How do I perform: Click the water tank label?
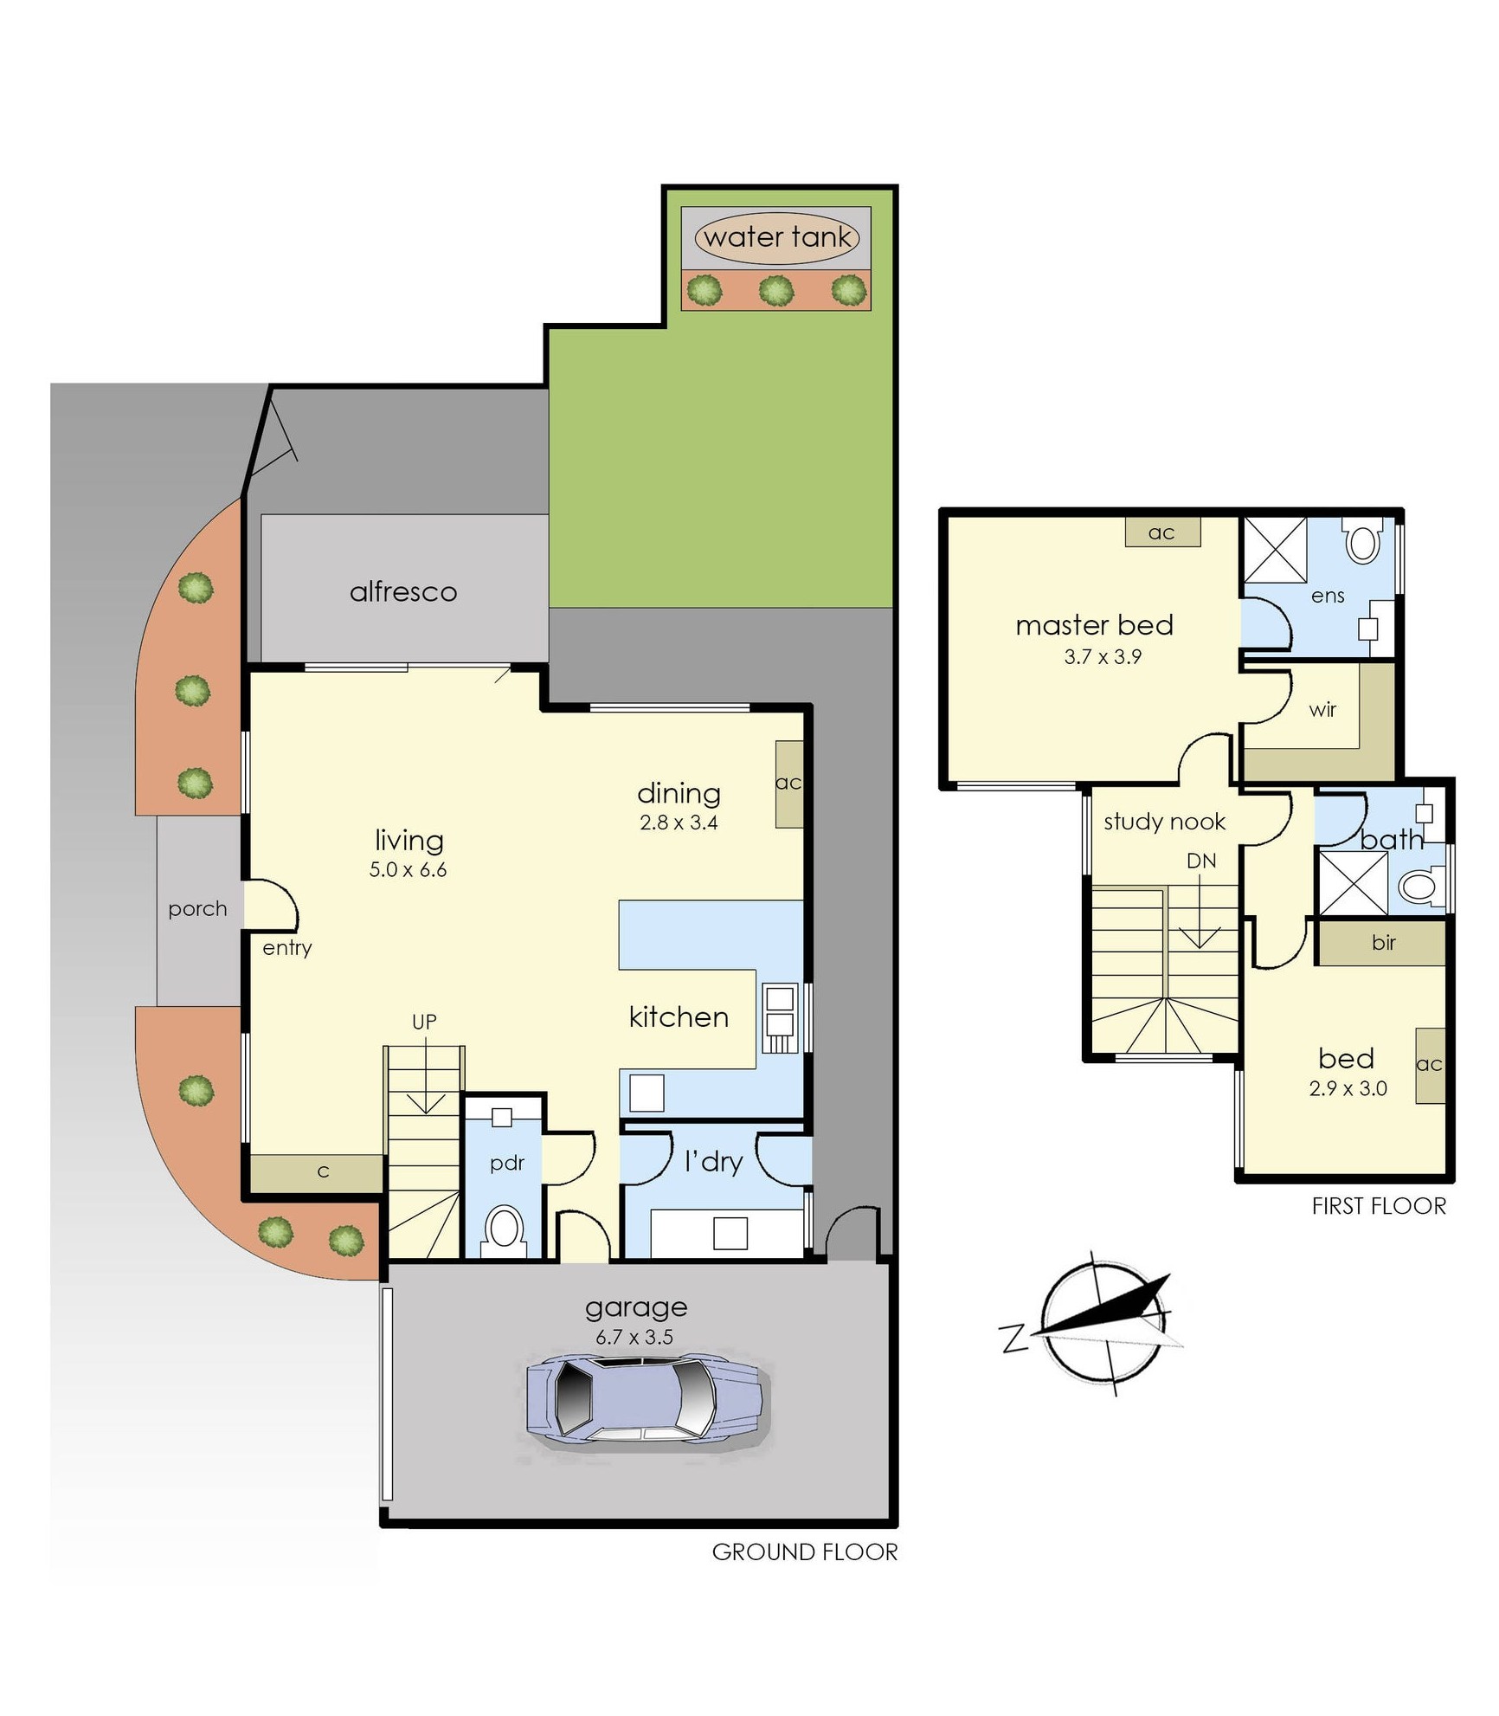tap(776, 236)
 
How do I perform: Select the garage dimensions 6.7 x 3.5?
tap(634, 1337)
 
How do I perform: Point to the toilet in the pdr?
tap(504, 1228)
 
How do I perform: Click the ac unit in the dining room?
tap(788, 784)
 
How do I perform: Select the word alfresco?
tap(403, 592)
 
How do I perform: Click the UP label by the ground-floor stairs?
tap(424, 1022)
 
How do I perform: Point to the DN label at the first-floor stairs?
tap(1201, 861)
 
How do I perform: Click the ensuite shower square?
tap(1274, 550)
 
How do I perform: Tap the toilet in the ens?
tap(1363, 542)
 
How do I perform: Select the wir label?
tap(1322, 710)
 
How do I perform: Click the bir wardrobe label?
tap(1383, 942)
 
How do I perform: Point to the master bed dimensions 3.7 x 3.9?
tap(1103, 656)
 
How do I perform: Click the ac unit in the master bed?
tap(1161, 532)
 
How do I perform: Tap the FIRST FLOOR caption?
tap(1378, 1206)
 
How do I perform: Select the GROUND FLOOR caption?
tap(804, 1551)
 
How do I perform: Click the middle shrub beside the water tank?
tap(776, 290)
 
